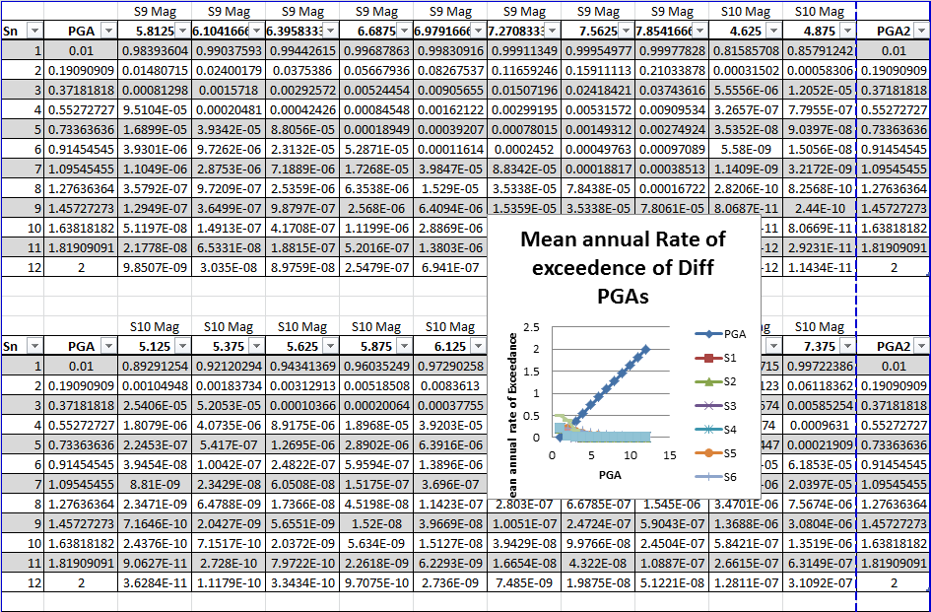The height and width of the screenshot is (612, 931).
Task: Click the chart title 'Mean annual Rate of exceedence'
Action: tap(623, 267)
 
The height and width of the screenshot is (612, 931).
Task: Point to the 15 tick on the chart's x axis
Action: tap(669, 456)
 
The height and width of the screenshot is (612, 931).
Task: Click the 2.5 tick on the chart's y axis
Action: tap(534, 326)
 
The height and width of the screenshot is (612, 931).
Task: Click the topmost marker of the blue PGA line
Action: tap(646, 349)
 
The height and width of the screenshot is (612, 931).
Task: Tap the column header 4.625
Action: tap(738, 32)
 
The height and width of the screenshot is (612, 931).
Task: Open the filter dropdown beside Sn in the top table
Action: tap(34, 32)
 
